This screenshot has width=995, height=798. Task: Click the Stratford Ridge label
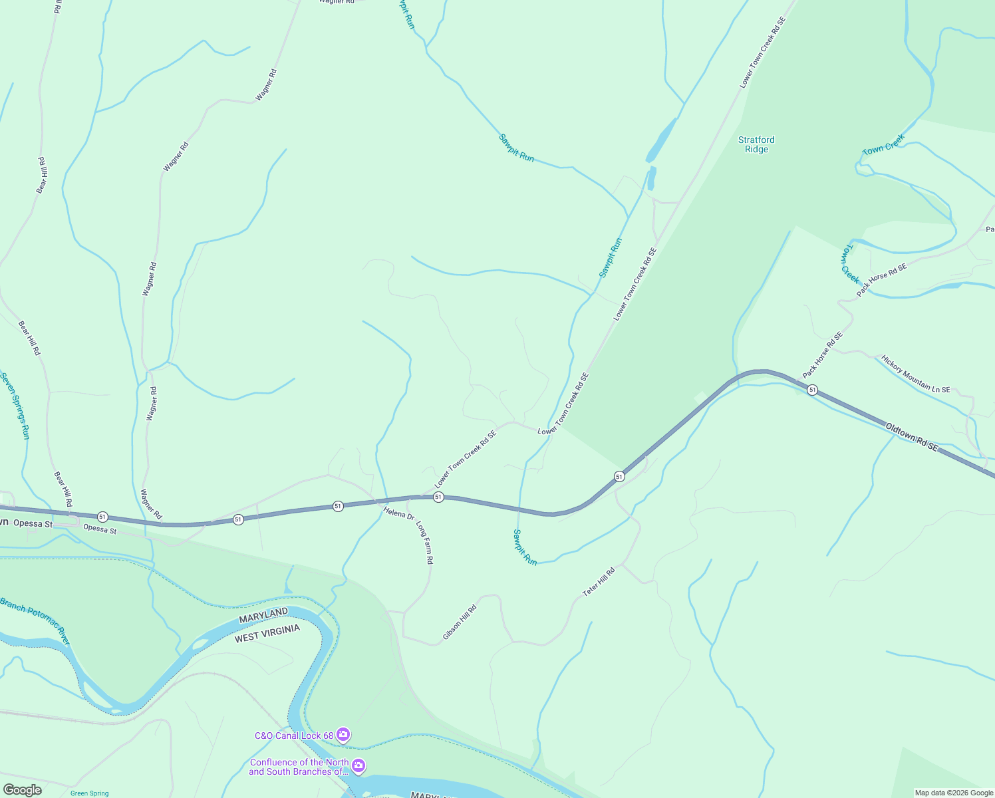pyautogui.click(x=756, y=144)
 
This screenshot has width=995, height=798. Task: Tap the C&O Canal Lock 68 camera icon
pyautogui.click(x=343, y=735)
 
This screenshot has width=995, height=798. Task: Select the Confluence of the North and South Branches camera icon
pyautogui.click(x=358, y=767)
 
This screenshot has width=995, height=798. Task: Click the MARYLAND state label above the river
pyautogui.click(x=263, y=615)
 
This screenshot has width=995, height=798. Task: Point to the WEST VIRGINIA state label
pyautogui.click(x=267, y=633)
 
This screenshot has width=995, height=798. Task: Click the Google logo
pyautogui.click(x=22, y=790)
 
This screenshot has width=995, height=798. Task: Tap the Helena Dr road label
pyautogui.click(x=399, y=513)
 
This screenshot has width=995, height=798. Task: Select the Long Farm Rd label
pyautogui.click(x=425, y=543)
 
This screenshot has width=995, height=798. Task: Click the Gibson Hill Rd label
pyautogui.click(x=460, y=622)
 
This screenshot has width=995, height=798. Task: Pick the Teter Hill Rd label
pyautogui.click(x=599, y=581)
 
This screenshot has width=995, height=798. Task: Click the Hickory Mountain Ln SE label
pyautogui.click(x=915, y=374)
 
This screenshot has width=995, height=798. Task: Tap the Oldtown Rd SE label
pyautogui.click(x=911, y=436)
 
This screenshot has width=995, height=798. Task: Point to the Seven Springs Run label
pyautogui.click(x=15, y=406)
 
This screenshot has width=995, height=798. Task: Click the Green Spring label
pyautogui.click(x=89, y=793)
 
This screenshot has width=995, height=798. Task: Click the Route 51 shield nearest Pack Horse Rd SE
pyautogui.click(x=812, y=390)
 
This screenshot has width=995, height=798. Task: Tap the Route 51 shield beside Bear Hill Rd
pyautogui.click(x=102, y=517)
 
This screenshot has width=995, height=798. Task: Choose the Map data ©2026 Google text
pyautogui.click(x=954, y=793)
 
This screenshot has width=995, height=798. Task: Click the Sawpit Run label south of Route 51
pyautogui.click(x=525, y=547)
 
